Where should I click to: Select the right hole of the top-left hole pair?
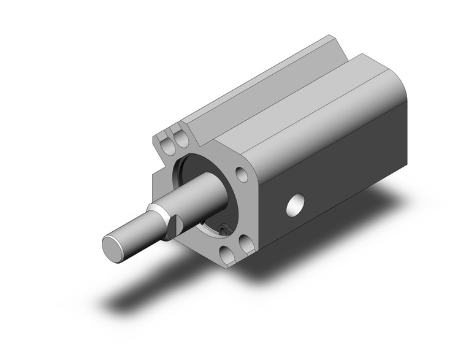click(180, 139)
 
